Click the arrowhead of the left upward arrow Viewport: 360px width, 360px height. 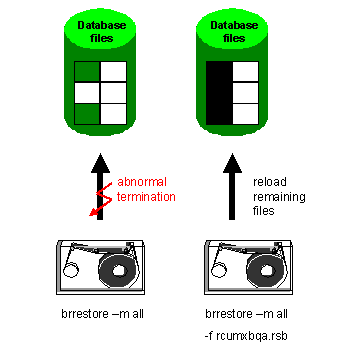pyautogui.click(x=100, y=160)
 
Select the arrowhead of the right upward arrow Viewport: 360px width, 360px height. pyautogui.click(x=233, y=160)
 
